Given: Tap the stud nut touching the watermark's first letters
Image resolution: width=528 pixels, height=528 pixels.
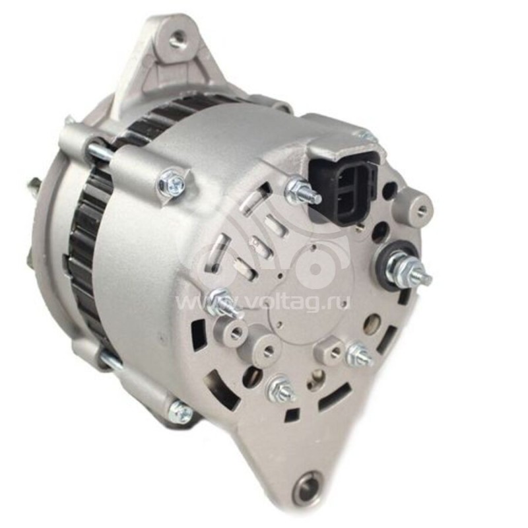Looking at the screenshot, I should pyautogui.click(x=223, y=305).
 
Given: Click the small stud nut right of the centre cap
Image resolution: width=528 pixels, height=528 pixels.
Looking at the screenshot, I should pyautogui.click(x=360, y=355).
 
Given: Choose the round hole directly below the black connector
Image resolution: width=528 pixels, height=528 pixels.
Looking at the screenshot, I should pyautogui.click(x=381, y=231).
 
